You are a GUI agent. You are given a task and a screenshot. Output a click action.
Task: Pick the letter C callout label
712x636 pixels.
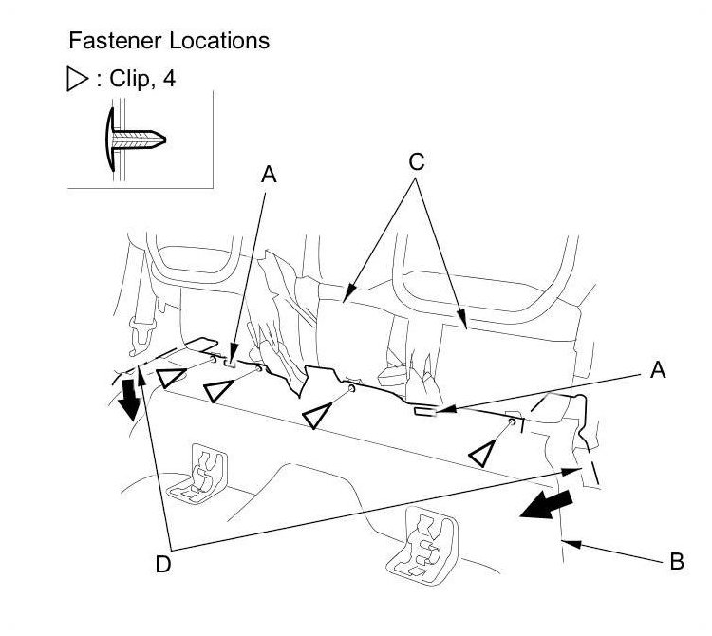click(416, 161)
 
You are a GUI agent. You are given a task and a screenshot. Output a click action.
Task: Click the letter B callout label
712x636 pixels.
click(676, 561)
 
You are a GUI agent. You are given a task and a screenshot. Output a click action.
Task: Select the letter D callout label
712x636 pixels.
click(163, 564)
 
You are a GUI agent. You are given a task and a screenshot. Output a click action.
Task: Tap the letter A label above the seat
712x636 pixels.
click(270, 174)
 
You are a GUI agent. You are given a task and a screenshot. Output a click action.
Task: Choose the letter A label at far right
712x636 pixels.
click(656, 372)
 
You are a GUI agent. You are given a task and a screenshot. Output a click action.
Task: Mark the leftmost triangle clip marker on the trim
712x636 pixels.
click(171, 379)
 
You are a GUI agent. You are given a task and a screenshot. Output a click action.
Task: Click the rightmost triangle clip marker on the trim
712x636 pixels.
click(484, 454)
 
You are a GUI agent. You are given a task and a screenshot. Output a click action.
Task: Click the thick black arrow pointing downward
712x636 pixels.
click(129, 396)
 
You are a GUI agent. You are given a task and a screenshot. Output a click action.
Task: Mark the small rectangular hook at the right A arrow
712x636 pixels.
click(423, 412)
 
